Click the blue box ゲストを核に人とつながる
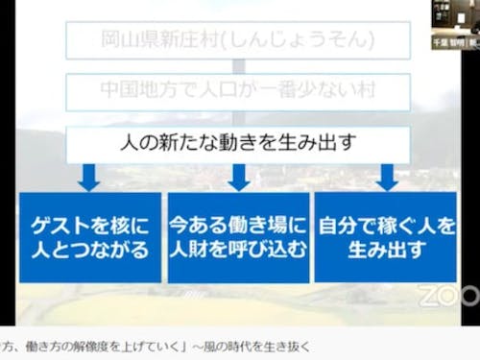[x=89, y=237]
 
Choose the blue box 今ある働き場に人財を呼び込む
[x=238, y=237]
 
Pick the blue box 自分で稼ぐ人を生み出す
[x=387, y=237]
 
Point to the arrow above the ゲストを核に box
[x=89, y=177]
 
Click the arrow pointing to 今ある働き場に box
[x=238, y=177]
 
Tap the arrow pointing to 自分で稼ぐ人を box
[x=387, y=177]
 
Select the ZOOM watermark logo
[x=450, y=292]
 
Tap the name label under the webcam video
[x=455, y=42]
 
